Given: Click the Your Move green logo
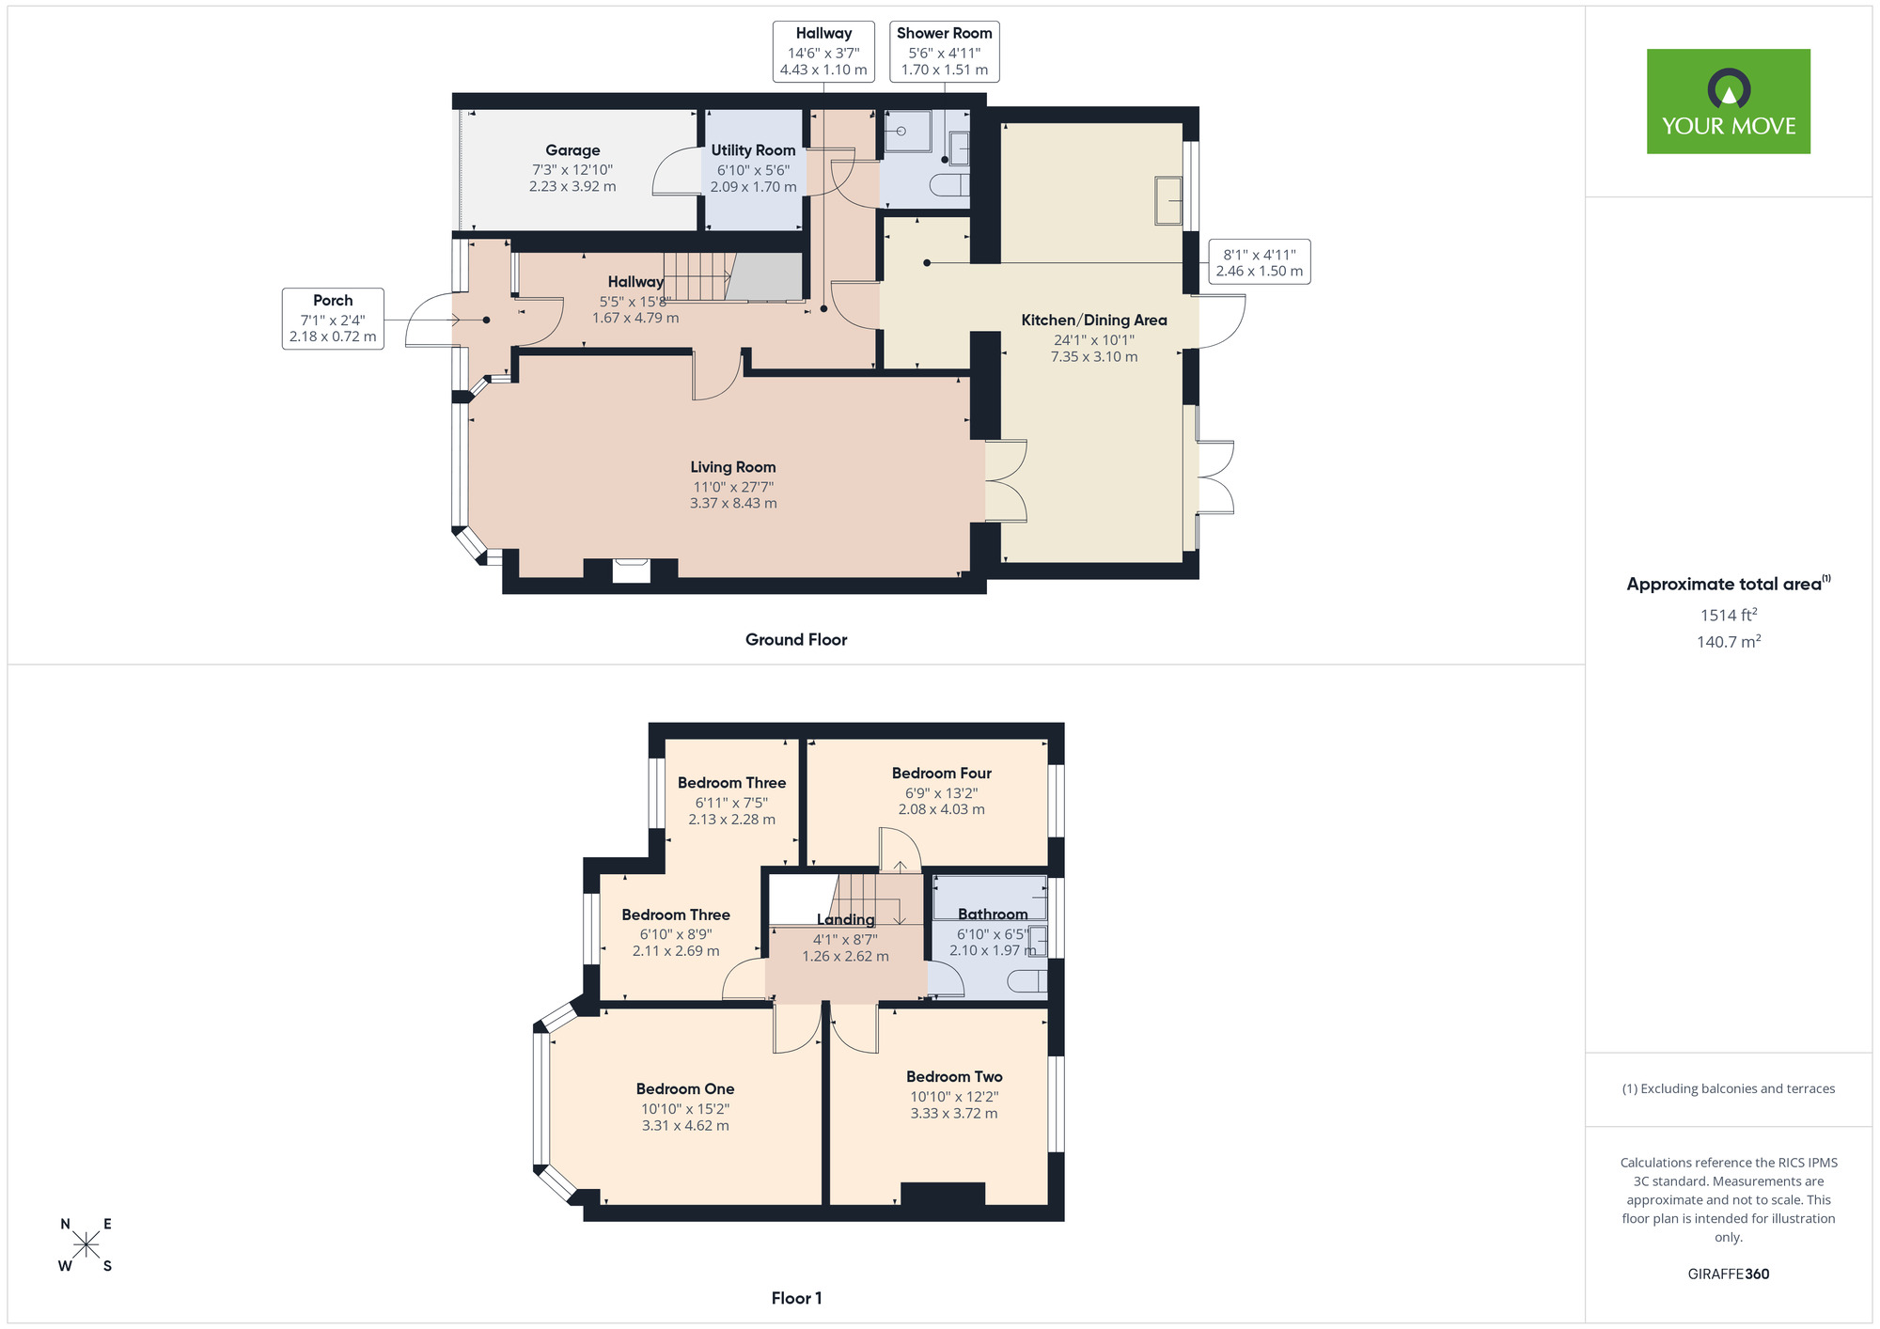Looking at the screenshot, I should tap(1728, 102).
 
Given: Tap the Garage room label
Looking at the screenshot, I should tap(572, 150).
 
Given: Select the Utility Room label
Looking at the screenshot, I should tap(753, 150).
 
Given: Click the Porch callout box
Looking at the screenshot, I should tap(333, 319).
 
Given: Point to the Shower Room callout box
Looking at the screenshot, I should tap(944, 52).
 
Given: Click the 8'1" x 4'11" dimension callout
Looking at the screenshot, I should tap(1259, 262).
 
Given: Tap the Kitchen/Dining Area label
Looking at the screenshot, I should tap(1094, 321).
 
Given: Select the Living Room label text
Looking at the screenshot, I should tap(733, 467).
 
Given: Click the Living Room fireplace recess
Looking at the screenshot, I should tap(631, 571).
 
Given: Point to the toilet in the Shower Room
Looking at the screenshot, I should tap(949, 185).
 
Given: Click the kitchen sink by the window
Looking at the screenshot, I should tap(1168, 200).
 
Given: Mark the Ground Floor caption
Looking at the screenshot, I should tap(796, 640).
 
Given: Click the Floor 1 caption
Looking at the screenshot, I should tap(796, 1298).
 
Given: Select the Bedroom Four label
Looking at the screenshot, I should tap(941, 774).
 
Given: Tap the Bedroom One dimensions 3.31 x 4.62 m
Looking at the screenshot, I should tap(685, 1126).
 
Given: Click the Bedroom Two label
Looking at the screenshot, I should tap(954, 1077).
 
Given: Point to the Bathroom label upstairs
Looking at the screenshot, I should tap(993, 915).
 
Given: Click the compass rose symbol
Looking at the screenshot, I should tap(86, 1245).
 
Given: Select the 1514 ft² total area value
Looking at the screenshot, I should tap(1728, 616).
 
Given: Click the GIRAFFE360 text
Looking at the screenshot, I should tap(1728, 1274).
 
